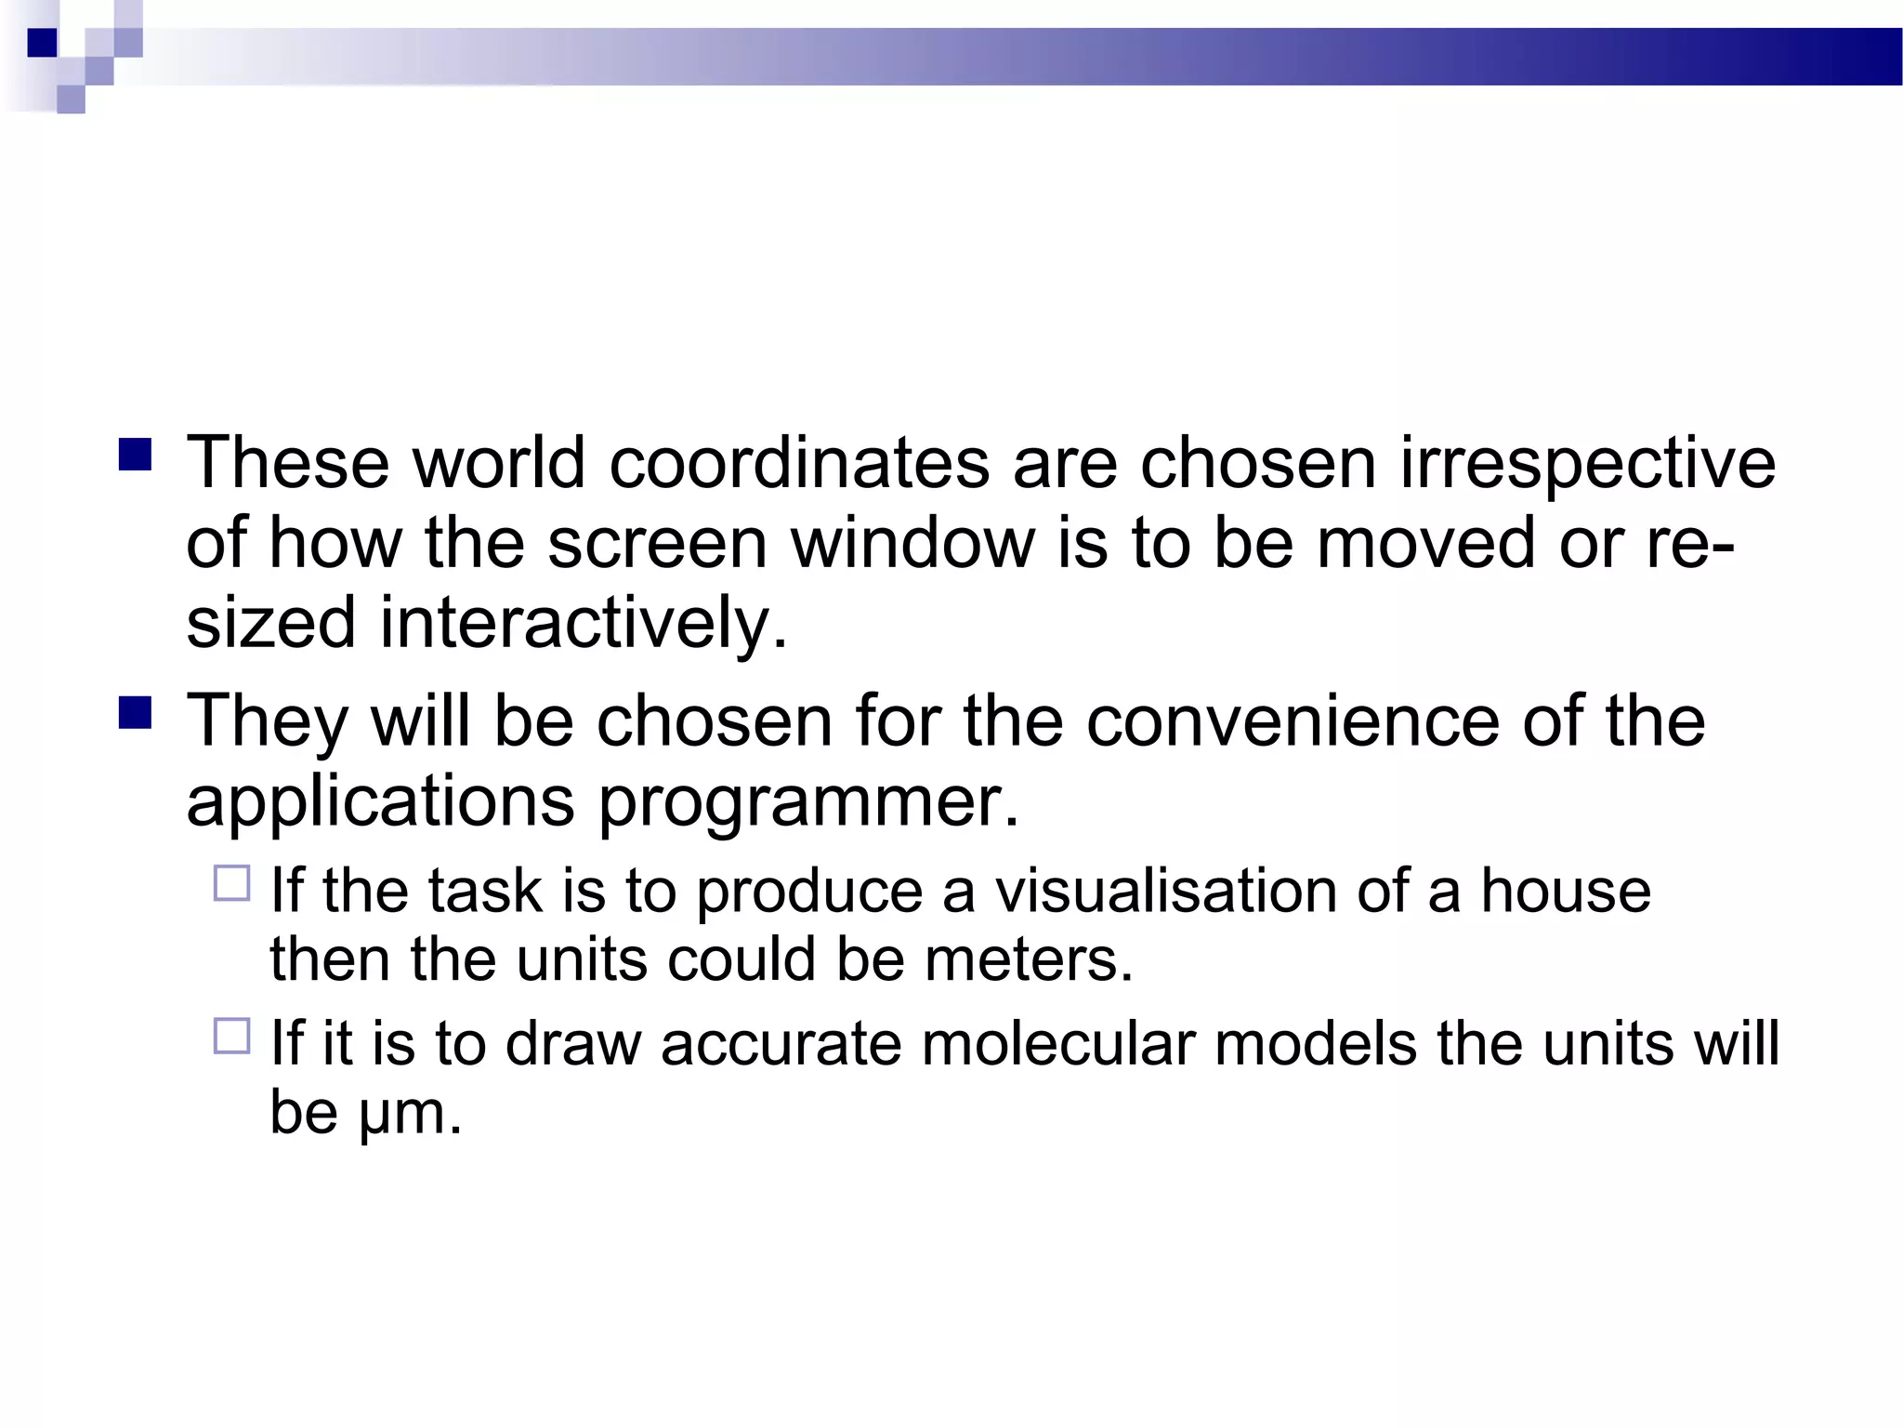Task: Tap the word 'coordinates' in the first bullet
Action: click(798, 463)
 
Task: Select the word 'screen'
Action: click(657, 543)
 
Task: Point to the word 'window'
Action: click(912, 543)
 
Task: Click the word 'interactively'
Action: click(583, 623)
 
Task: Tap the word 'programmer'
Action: click(807, 801)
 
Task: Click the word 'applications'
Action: click(380, 801)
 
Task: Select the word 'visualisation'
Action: click(1165, 891)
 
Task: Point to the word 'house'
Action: click(1565, 891)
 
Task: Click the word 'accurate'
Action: click(781, 1043)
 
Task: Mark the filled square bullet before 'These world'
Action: click(136, 456)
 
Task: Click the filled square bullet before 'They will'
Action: click(136, 713)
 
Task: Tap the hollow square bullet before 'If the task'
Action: click(232, 882)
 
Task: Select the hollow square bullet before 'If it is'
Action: click(232, 1036)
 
